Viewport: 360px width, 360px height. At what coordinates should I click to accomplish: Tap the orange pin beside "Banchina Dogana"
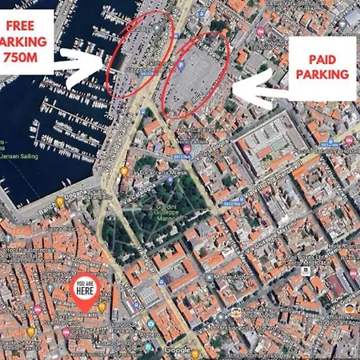59,202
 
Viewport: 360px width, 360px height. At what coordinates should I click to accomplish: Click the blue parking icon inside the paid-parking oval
182,66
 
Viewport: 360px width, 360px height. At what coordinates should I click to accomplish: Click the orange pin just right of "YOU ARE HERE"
102,307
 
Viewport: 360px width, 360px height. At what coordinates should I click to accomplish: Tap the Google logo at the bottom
178,350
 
